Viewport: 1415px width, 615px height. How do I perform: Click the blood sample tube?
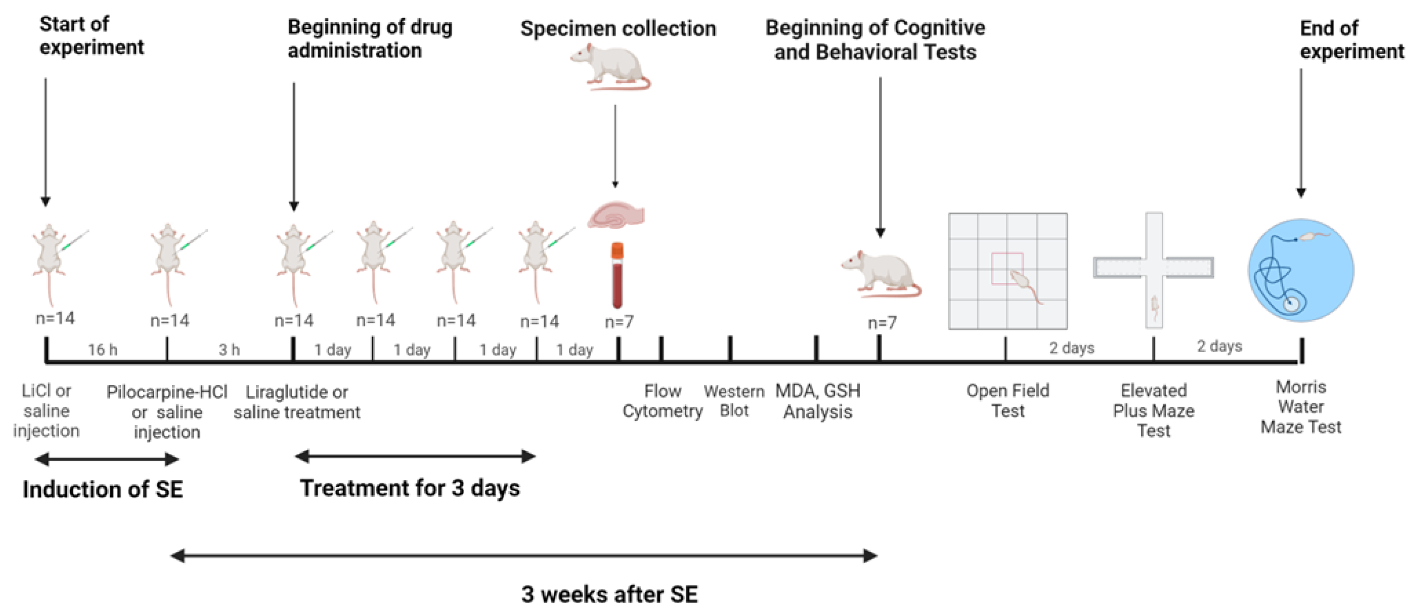pos(617,276)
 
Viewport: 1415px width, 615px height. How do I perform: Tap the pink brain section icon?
pos(616,215)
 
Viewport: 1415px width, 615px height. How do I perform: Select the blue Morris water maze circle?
pos(1300,270)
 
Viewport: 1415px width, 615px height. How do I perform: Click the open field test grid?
pos(1008,272)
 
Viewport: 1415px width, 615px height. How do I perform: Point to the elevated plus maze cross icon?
pos(1154,269)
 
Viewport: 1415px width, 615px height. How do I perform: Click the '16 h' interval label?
pos(103,349)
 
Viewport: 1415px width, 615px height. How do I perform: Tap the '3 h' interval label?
pos(229,349)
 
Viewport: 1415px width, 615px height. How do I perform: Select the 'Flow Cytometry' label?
pos(662,401)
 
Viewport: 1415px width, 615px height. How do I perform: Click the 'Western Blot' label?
pos(734,401)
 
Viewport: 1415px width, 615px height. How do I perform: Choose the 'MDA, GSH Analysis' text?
pos(818,401)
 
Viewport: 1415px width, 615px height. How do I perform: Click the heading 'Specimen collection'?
pos(618,29)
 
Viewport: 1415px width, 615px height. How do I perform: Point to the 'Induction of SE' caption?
pos(103,489)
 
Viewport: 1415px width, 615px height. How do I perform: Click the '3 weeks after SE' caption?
pos(609,594)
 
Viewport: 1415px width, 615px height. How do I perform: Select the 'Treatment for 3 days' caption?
pos(410,488)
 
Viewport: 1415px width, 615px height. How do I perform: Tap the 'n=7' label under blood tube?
pos(619,322)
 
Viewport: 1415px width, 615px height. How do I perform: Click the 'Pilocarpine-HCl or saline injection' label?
pos(167,412)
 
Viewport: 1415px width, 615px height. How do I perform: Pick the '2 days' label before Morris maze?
pos(1219,346)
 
